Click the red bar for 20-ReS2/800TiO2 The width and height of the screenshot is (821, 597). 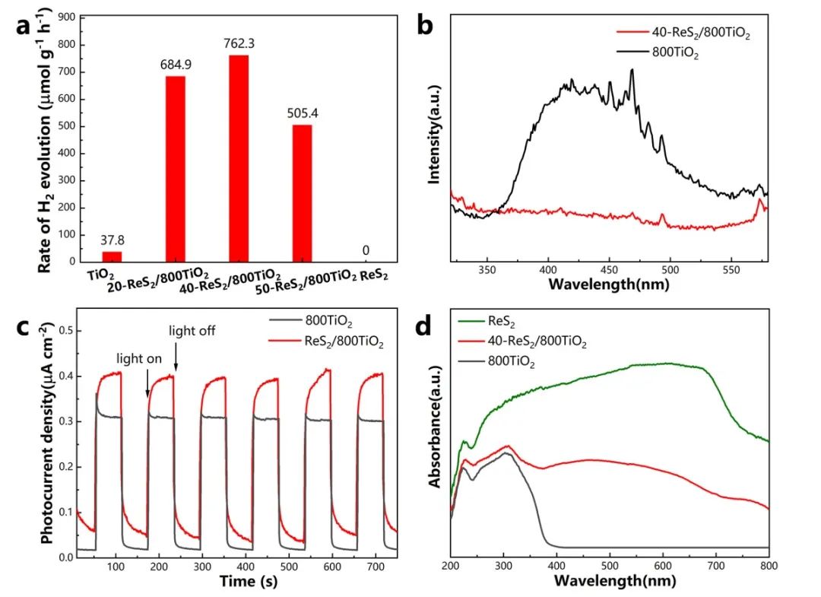pos(175,169)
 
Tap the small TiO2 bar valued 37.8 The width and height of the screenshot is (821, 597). pos(112,256)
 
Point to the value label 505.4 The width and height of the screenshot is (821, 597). pos(302,113)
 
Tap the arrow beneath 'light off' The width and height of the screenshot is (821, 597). pos(176,364)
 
